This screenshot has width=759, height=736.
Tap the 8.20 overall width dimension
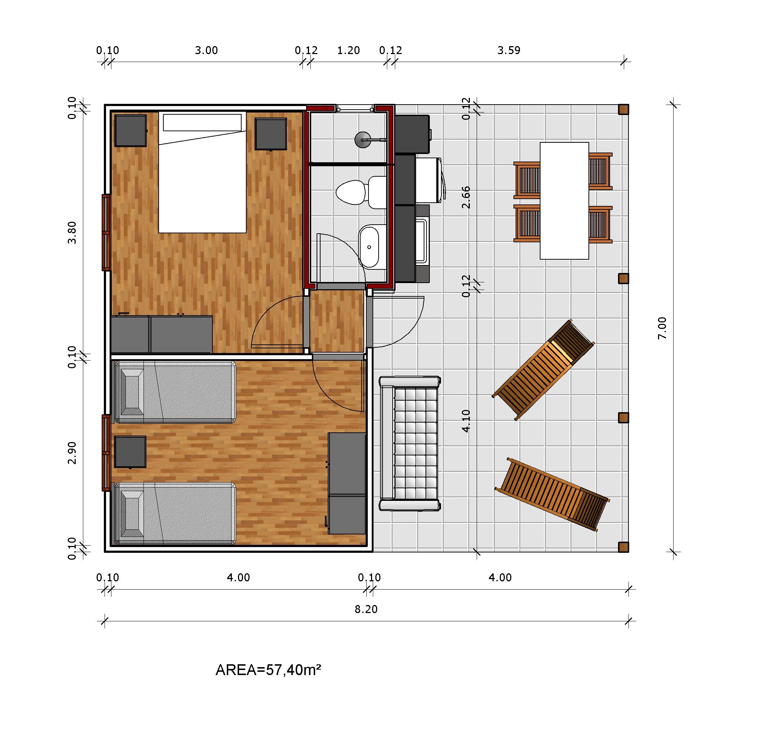coord(366,609)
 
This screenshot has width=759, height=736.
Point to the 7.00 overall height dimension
coord(663,328)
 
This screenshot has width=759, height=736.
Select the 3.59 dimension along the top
coord(509,50)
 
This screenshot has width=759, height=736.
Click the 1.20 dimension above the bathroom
coord(349,50)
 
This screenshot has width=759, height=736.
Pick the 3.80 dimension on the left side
coord(72,233)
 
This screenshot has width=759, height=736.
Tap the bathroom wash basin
coord(369,246)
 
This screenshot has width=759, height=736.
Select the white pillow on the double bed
coord(202,122)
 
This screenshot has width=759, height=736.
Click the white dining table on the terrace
coord(564,200)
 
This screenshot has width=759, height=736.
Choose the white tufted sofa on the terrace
coord(410,443)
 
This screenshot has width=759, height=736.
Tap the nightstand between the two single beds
coord(131,452)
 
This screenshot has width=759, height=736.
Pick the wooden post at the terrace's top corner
coord(623,110)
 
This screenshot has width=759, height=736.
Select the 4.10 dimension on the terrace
coord(466,421)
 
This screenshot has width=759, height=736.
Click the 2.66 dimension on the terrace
coord(466,198)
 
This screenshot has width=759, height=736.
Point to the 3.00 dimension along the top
coord(206,50)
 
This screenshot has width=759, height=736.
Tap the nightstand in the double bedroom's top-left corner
coord(131,131)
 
